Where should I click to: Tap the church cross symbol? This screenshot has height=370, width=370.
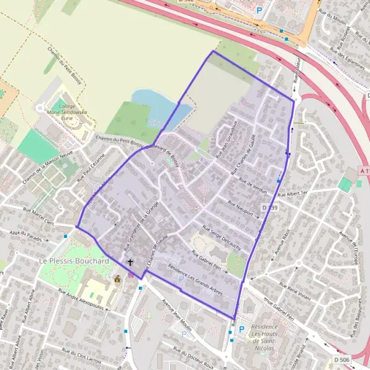[129, 262]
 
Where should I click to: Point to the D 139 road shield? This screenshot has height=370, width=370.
[270, 208]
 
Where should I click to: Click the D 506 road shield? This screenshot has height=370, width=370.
[341, 360]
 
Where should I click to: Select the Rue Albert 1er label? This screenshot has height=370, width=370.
[292, 194]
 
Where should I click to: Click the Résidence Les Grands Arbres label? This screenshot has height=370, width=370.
[195, 280]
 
